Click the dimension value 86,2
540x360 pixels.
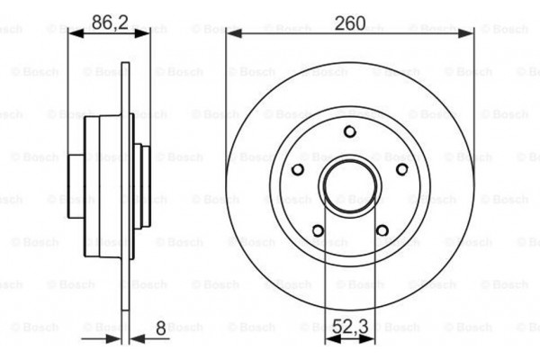pyautogui.click(x=108, y=22)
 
